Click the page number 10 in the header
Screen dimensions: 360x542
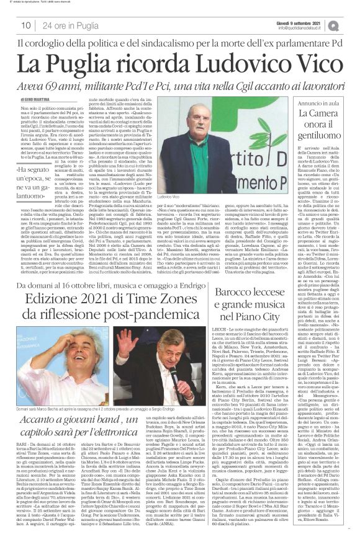point(26,25)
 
